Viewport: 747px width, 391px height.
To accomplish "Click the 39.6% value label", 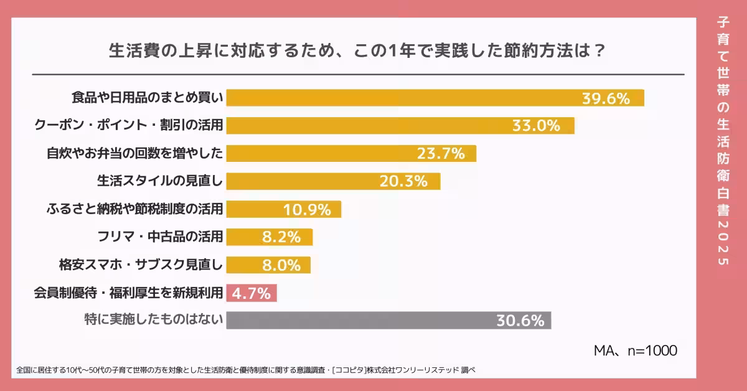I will pos(606,98).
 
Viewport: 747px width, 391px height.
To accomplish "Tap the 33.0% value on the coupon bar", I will pos(536,126).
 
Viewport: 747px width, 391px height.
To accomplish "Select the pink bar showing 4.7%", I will pos(251,293).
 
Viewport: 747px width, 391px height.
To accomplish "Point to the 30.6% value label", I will pos(520,321).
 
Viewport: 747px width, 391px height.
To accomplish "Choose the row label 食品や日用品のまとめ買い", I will pos(147,98).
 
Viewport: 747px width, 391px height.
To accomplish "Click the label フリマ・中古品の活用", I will pos(160,237).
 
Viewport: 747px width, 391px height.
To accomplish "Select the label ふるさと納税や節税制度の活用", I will pos(134,209).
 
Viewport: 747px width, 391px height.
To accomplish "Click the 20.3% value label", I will pos(403,181).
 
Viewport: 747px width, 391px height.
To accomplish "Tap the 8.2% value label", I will pos(281,237).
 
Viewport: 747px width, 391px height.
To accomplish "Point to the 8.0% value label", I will pos(281,265).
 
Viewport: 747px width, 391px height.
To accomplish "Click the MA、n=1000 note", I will pos(634,351).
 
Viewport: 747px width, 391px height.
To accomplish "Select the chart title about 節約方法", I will pos(357,50).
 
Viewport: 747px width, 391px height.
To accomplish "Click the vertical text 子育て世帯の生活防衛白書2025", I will pos(723,141).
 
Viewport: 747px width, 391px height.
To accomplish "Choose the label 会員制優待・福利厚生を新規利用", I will pos(128,293).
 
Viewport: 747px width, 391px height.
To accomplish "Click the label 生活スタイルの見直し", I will pos(159,181).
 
